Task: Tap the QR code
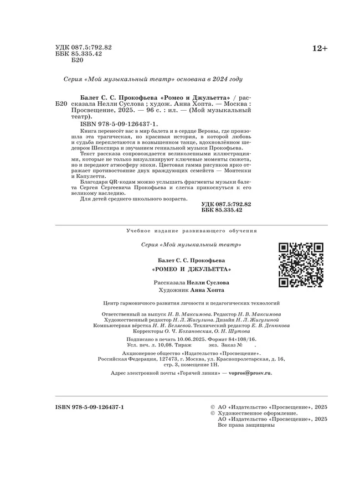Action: tap(300, 265)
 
